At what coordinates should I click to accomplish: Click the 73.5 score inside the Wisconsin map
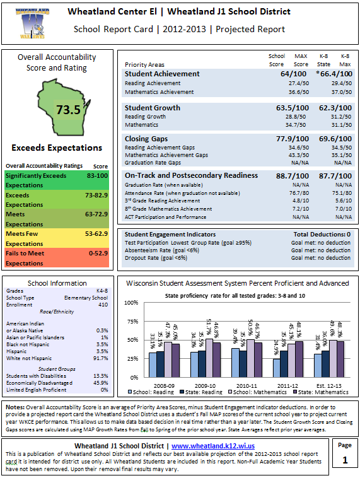click(x=68, y=110)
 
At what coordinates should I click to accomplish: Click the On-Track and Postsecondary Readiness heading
click(x=191, y=175)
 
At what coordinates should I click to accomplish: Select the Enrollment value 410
click(x=102, y=304)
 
